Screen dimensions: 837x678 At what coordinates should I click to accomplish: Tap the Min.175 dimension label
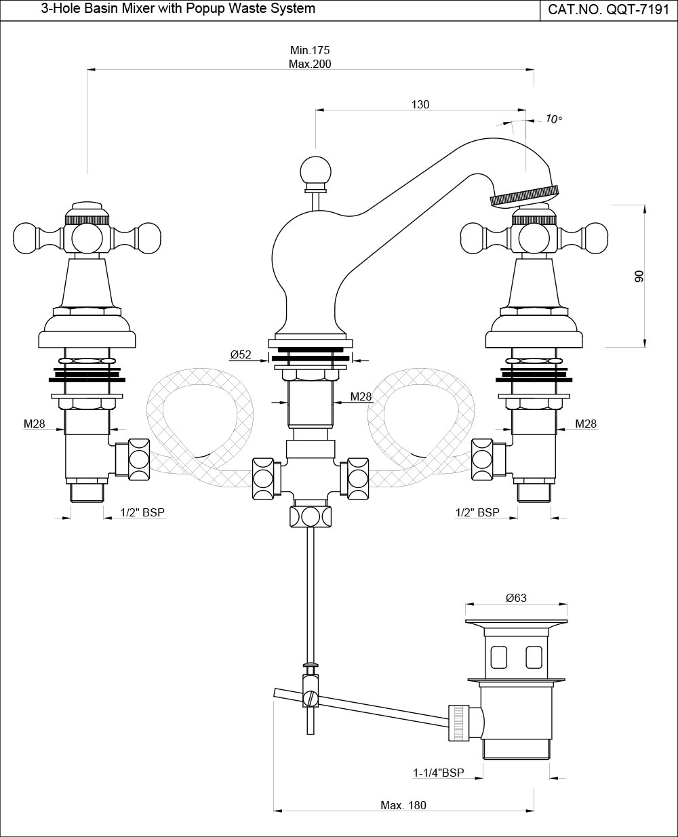pos(310,51)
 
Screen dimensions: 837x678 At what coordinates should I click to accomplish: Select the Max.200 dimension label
pos(310,64)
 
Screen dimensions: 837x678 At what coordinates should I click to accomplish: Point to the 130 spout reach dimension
pos(420,104)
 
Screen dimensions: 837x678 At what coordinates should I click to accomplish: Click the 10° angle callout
pos(554,119)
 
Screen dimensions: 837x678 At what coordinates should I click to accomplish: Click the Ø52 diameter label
pos(241,354)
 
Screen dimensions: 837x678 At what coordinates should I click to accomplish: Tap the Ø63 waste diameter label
pos(516,598)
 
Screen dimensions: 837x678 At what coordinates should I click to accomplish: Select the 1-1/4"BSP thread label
pos(439,773)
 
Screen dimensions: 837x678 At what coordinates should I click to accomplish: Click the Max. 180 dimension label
pos(403,805)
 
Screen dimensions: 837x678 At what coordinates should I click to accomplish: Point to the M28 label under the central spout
pos(361,396)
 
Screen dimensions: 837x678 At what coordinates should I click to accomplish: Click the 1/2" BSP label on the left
pos(142,512)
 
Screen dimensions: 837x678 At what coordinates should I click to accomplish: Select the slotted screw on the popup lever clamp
pos(311,697)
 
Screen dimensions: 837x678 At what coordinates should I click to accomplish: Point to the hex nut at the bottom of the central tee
pos(311,516)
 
